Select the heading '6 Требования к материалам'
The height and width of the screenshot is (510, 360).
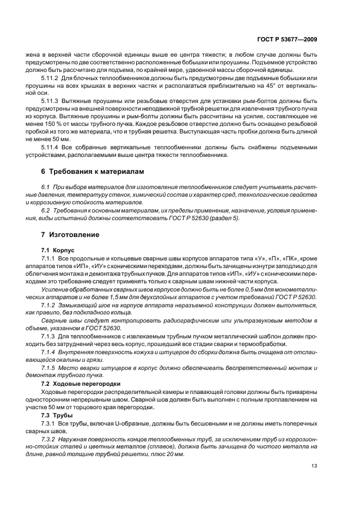(93, 171)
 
